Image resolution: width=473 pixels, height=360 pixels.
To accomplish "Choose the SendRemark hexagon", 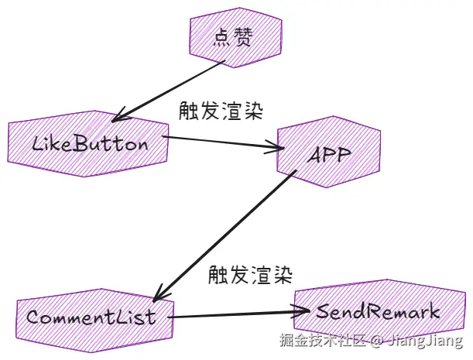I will (x=377, y=313).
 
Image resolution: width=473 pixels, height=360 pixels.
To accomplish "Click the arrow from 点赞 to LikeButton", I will (x=170, y=91).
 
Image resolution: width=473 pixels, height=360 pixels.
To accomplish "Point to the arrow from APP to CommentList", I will (x=225, y=236).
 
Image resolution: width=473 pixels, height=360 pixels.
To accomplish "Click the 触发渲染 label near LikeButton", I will (x=220, y=111).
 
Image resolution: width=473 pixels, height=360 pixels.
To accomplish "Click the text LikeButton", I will (x=90, y=144).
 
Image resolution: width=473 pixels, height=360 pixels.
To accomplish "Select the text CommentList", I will (x=91, y=317).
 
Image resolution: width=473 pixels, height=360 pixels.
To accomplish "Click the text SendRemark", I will (x=377, y=312).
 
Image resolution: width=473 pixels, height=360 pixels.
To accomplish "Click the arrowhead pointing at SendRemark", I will (x=306, y=313).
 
